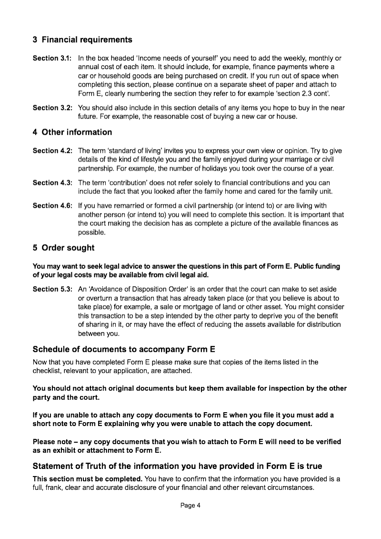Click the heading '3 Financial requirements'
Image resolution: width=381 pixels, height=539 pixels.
(82, 40)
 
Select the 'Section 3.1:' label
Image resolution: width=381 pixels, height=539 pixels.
(52, 58)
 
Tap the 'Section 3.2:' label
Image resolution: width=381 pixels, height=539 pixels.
(52, 108)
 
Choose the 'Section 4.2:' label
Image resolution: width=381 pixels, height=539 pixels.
(52, 151)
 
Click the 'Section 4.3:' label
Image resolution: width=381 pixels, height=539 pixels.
(52, 183)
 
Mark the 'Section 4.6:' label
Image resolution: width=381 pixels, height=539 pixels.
(52, 206)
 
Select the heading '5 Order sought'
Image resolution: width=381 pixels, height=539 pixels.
(63, 248)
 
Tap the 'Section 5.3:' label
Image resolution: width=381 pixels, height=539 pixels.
(52, 289)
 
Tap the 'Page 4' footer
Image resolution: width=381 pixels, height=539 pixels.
(190, 506)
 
